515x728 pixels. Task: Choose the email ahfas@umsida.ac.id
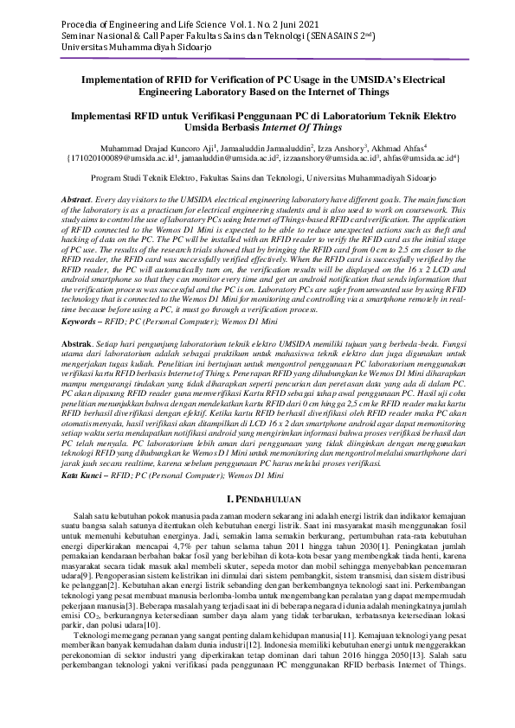tap(419, 159)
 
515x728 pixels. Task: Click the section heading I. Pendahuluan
tap(257, 499)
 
